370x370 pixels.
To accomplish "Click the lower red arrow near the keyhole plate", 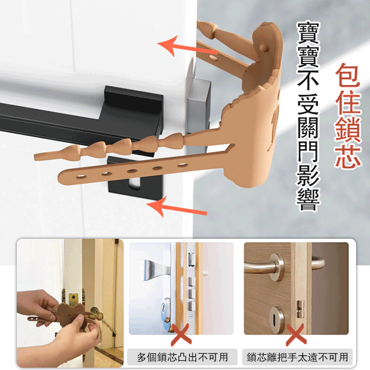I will pyautogui.click(x=182, y=207).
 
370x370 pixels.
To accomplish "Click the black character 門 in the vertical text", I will pyautogui.click(x=309, y=149).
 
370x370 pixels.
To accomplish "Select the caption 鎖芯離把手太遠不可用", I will pyautogui.click(x=297, y=357).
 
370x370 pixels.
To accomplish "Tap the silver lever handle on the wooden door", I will pyautogui.click(x=272, y=267).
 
